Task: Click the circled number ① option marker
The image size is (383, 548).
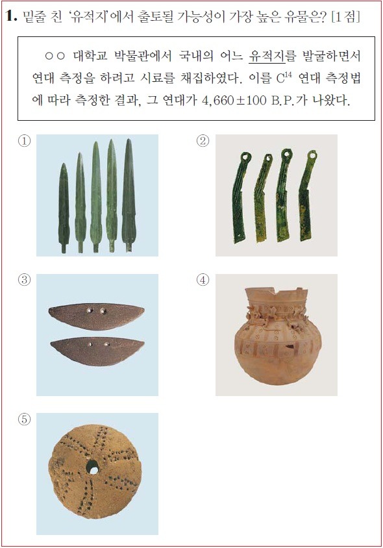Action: pos(24,141)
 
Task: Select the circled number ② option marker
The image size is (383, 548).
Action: pos(203,141)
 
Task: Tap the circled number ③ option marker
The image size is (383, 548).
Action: pos(24,280)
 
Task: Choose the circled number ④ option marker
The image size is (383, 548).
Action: pos(203,280)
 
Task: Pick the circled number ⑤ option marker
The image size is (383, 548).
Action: pos(24,419)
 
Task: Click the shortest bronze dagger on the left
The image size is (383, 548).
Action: pos(64,208)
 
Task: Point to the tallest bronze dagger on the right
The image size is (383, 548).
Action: pos(129,195)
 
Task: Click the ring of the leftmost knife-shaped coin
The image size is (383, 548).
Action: pos(245,156)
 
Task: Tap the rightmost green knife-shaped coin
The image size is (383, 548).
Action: pos(306,195)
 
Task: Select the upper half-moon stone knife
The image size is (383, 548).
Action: pos(97,316)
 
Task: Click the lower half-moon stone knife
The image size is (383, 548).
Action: pos(97,351)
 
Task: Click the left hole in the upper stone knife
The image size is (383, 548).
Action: pos(90,311)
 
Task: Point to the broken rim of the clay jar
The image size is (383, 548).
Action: pos(277,293)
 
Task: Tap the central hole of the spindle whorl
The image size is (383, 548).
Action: pos(93,467)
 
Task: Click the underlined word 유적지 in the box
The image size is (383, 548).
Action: pos(267,56)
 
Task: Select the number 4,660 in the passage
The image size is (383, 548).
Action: pos(217,101)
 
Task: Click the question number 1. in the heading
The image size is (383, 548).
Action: pos(11,16)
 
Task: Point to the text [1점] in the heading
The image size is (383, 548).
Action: pos(345,16)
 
